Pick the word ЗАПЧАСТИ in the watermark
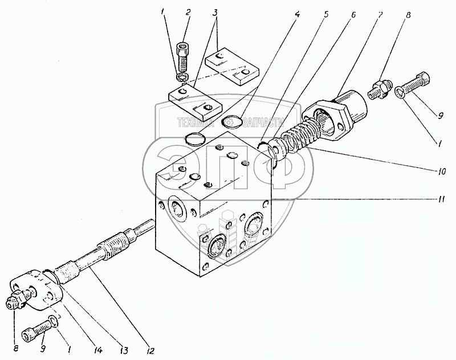pos(263,122)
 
